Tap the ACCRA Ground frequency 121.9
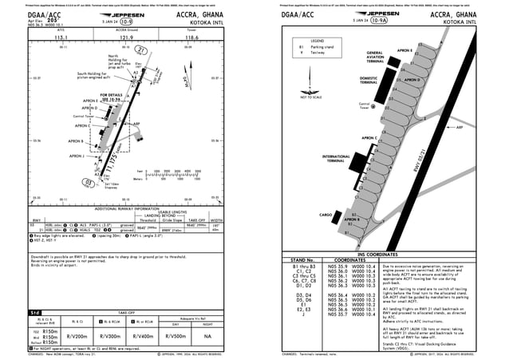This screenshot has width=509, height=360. [x=126, y=37]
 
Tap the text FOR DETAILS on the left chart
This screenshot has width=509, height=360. [x=112, y=94]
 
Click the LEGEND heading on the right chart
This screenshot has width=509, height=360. [x=316, y=41]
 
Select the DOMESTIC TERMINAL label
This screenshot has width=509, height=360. [x=369, y=81]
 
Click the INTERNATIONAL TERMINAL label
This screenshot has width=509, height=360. [x=334, y=158]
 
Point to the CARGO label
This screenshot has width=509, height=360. [x=326, y=215]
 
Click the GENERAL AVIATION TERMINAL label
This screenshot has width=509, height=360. [x=374, y=57]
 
